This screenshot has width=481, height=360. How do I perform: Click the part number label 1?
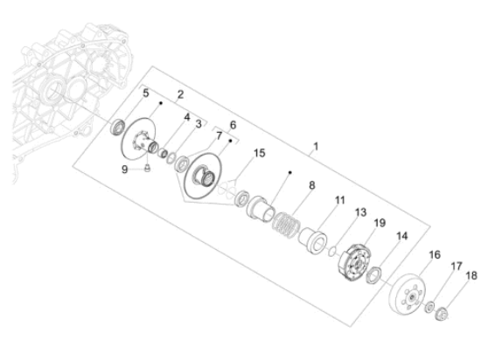(316, 146)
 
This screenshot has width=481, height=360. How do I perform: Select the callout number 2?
(180, 94)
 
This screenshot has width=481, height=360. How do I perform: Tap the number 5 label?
(146, 93)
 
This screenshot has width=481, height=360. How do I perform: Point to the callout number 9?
(124, 170)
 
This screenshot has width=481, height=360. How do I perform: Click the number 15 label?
(259, 153)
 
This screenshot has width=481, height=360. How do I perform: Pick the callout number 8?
(311, 185)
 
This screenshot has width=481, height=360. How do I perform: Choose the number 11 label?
(340, 200)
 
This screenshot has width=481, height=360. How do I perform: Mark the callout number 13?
(360, 212)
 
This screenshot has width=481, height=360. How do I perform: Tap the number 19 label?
(380, 223)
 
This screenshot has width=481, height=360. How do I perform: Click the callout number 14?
(402, 236)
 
